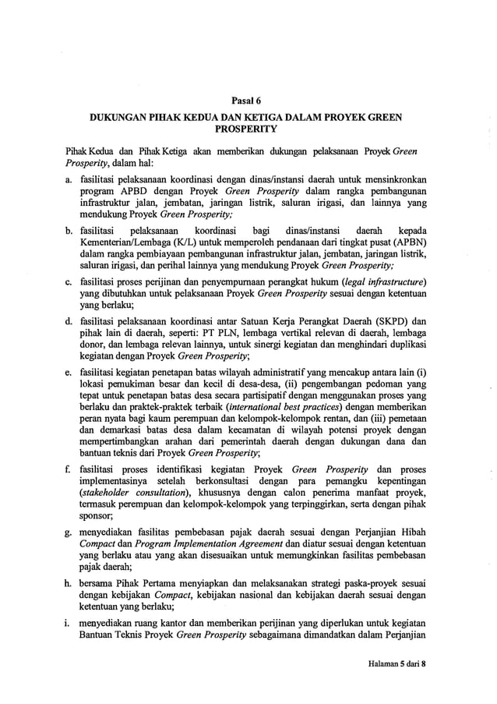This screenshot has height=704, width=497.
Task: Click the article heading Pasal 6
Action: (x=248, y=99)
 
